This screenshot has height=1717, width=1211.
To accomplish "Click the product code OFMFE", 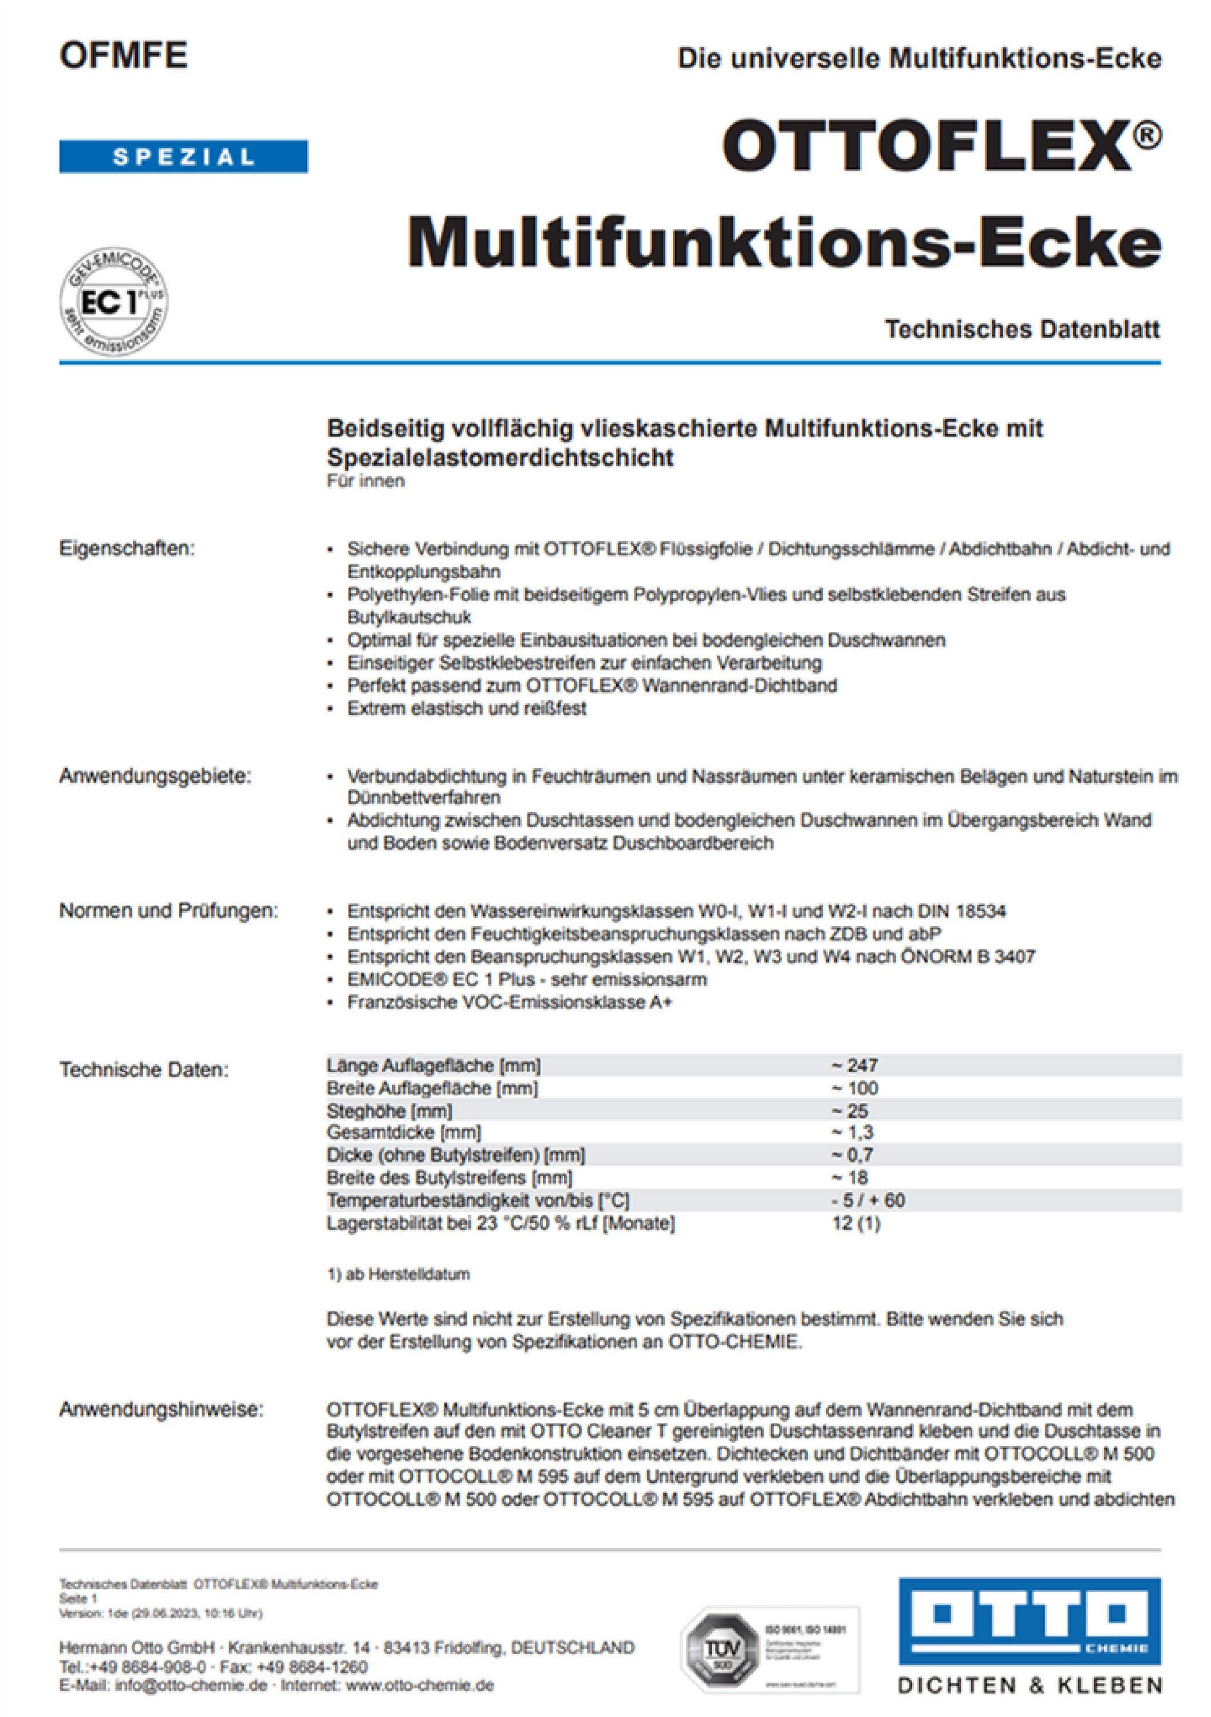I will [124, 56].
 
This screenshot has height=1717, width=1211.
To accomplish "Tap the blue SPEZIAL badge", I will [183, 157].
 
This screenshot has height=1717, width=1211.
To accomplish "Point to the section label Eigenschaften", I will [127, 549].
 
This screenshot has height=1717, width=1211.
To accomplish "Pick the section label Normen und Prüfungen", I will [168, 912].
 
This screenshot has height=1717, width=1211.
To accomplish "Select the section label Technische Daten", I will [144, 1070].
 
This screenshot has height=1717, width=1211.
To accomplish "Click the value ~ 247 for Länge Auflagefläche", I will [854, 1065].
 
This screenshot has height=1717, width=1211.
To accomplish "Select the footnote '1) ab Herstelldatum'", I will [398, 1274].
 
